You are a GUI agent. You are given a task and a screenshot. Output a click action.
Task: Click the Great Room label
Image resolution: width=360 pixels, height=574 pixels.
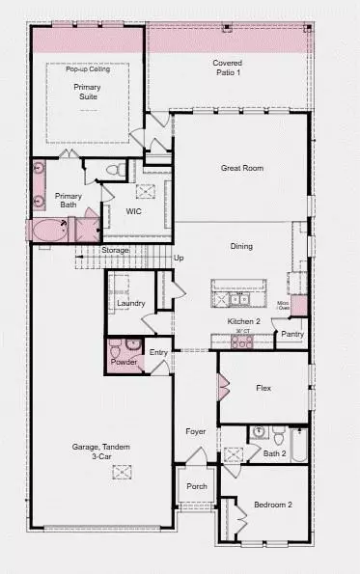click(x=241, y=168)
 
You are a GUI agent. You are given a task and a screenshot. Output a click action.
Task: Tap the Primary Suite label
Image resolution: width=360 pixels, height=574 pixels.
click(x=88, y=92)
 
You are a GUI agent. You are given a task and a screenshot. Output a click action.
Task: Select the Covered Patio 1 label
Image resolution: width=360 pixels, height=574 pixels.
click(x=228, y=68)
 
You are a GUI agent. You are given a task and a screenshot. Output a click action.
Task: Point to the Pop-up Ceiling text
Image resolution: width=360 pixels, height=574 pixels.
click(x=88, y=69)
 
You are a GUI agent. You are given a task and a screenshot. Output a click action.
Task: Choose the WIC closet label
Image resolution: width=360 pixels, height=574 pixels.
click(x=135, y=210)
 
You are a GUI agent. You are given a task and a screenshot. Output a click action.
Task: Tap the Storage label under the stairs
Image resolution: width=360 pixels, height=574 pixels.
click(x=115, y=251)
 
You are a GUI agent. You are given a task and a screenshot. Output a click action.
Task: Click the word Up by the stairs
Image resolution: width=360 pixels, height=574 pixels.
click(x=179, y=259)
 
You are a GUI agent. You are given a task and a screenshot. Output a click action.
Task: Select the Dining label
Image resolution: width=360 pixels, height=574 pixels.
click(x=241, y=246)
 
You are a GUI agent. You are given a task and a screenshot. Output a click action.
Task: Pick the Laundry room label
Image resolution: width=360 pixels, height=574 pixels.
click(x=131, y=304)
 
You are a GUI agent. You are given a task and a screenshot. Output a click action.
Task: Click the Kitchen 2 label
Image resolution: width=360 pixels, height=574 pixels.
click(x=244, y=321)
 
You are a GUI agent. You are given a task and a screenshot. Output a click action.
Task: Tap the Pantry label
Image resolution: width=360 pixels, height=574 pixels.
click(x=292, y=335)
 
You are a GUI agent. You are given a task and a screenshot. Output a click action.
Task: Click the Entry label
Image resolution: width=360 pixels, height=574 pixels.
click(x=159, y=353)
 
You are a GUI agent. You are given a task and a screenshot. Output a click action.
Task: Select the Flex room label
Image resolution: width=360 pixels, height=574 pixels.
click(x=263, y=388)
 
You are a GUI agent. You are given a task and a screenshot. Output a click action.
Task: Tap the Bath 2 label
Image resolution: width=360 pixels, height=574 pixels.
click(x=275, y=453)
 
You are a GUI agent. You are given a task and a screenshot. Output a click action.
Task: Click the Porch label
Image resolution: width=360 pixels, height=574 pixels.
click(x=197, y=486)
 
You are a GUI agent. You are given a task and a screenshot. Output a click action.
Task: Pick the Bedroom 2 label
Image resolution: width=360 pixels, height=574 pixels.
click(x=273, y=505)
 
